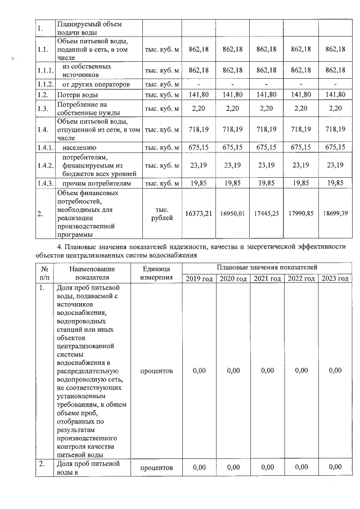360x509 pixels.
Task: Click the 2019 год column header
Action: point(199,279)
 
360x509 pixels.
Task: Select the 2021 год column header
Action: point(266,279)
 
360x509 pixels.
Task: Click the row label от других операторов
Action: point(96,84)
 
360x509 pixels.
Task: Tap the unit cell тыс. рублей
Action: point(161,214)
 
